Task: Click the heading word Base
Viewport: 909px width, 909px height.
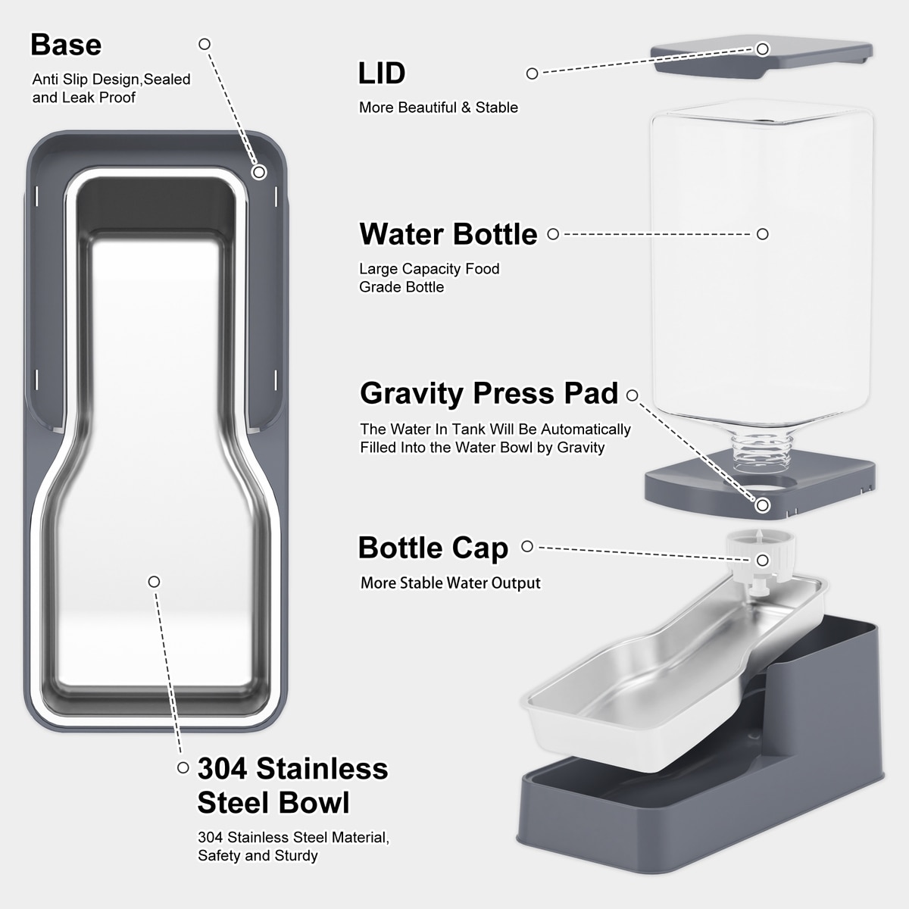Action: (66, 45)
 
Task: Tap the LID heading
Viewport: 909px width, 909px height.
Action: (382, 73)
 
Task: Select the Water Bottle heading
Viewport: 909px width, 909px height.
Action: (448, 234)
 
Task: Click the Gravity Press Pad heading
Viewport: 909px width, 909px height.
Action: (489, 393)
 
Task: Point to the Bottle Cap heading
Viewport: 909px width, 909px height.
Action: (433, 547)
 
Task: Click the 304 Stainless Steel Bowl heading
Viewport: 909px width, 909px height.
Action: (292, 785)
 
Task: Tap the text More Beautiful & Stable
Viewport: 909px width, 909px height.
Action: (439, 108)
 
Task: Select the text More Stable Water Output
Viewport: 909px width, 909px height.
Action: (451, 583)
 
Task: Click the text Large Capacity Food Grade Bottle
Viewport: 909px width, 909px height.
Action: (430, 278)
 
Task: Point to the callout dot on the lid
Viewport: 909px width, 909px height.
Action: (763, 49)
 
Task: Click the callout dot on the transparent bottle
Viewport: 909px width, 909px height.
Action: (763, 234)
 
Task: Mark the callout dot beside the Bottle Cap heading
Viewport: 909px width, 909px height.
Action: (527, 547)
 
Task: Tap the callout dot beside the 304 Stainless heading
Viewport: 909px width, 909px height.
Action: (183, 767)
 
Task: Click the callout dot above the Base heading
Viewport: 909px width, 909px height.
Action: (205, 44)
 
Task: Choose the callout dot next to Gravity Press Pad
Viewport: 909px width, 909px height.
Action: (632, 395)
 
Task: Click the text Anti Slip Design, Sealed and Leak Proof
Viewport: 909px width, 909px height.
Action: (111, 89)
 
